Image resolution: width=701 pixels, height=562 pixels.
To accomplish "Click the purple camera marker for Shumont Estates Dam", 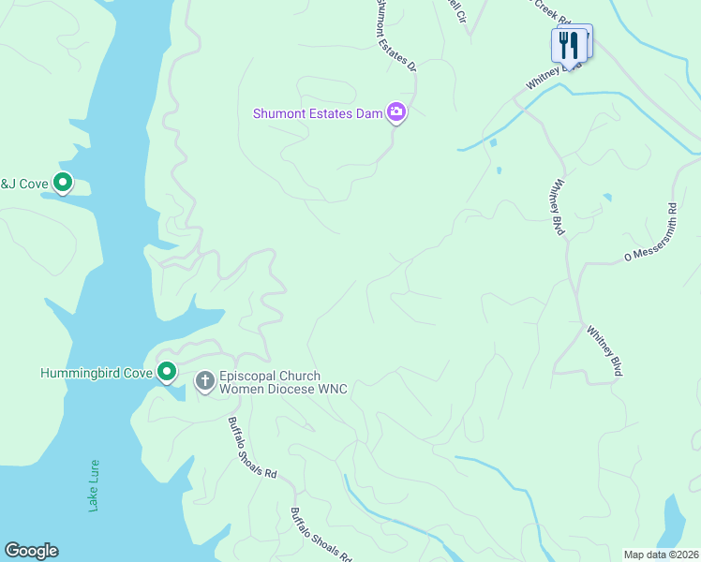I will (x=396, y=113).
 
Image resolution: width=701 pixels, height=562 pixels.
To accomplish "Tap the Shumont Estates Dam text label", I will (x=318, y=113).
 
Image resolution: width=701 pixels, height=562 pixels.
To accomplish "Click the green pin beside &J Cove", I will (x=63, y=183).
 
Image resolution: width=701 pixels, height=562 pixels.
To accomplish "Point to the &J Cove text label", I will (x=23, y=184).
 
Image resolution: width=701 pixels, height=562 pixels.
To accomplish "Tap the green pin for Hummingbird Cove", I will (x=167, y=373).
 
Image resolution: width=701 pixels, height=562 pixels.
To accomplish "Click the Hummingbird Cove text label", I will (x=96, y=373).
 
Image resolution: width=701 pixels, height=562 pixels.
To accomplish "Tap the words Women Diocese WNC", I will (x=283, y=389).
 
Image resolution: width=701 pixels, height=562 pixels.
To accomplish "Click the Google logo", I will (x=31, y=551).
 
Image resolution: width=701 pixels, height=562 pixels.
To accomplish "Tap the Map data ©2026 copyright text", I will (x=660, y=555).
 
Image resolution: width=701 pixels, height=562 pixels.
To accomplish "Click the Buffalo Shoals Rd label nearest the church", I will (x=253, y=448).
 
